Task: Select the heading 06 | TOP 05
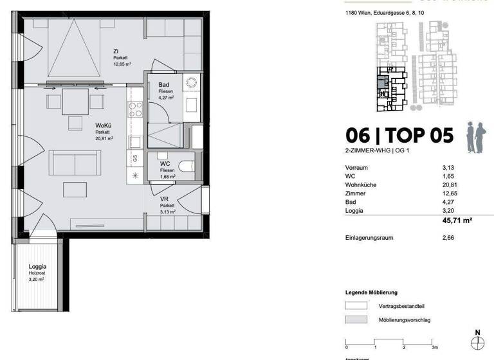tap(399, 136)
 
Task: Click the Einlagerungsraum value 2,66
tap(448, 238)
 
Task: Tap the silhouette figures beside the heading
tap(478, 136)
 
